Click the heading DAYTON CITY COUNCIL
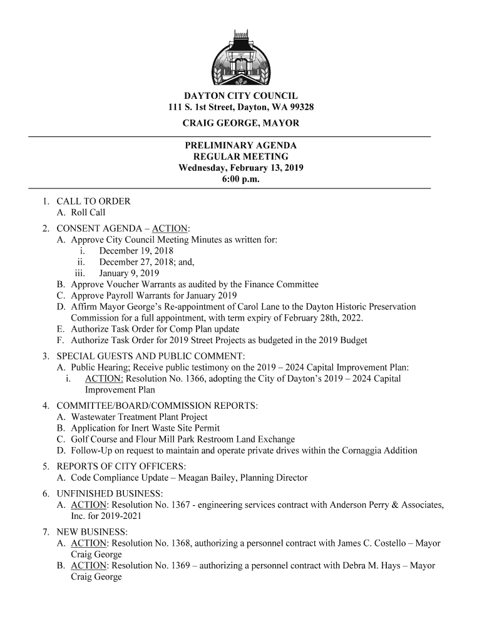[241, 96]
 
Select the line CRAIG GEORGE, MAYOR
[241, 123]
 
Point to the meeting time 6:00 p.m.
[241, 180]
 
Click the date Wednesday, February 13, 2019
[241, 168]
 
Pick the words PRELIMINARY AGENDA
[241, 145]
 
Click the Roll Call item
[88, 212]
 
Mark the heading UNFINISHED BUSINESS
[110, 493]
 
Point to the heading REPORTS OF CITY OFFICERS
[121, 466]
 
